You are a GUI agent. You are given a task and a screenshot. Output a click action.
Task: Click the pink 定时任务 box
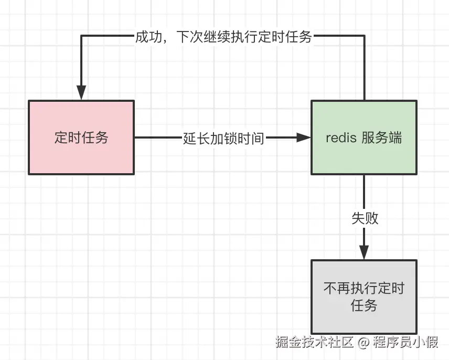coord(81,137)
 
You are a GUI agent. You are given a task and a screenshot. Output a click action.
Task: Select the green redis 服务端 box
coord(364,137)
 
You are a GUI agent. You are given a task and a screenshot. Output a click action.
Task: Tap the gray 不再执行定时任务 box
coord(364,297)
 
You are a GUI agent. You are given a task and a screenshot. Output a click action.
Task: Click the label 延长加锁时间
coord(223,138)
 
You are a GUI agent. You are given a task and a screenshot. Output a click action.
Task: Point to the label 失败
coord(365,218)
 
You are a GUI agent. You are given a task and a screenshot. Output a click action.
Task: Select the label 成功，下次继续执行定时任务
coord(223,37)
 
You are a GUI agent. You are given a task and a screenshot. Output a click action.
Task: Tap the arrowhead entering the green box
coord(304,137)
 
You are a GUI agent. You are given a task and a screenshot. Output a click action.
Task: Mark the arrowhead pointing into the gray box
coord(364,252)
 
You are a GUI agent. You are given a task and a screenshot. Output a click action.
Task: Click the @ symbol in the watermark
coord(364,343)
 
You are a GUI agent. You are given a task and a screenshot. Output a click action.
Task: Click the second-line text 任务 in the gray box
coord(364,305)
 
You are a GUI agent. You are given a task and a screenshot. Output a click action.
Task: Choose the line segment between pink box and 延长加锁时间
coord(157,137)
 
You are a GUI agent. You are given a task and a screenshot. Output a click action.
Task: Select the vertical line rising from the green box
coord(364,68)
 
